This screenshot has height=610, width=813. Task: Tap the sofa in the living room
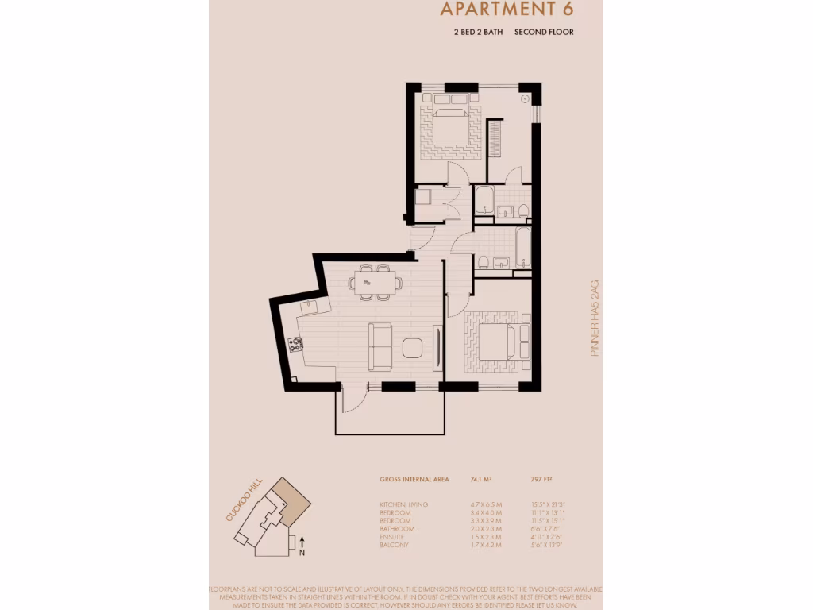(x=380, y=346)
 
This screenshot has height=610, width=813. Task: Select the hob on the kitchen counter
(x=295, y=344)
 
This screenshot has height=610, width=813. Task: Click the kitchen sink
(x=308, y=306)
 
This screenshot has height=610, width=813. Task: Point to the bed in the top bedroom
(x=450, y=125)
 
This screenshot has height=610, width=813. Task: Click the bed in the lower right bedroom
(x=499, y=342)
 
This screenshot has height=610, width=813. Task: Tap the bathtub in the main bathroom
(x=522, y=247)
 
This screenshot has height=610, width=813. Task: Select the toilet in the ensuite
(x=524, y=210)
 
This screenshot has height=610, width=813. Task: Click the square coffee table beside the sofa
(x=413, y=348)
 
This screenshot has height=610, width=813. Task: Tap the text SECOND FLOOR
(x=544, y=33)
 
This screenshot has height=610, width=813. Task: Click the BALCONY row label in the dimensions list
(x=395, y=545)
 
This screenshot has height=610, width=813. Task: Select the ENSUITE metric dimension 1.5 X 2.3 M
(x=486, y=537)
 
